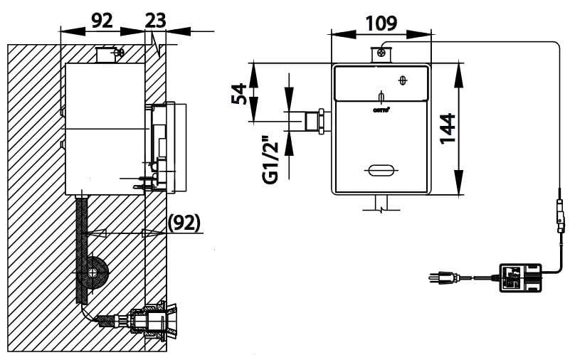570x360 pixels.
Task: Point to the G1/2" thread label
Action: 270,159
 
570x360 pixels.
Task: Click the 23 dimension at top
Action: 155,20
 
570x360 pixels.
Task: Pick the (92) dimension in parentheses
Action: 184,223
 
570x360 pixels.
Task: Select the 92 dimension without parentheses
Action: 102,20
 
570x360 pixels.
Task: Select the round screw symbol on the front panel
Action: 403,80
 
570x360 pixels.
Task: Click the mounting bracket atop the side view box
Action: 108,54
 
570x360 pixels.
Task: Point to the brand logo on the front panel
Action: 381,110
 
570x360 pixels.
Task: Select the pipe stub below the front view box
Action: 380,204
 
